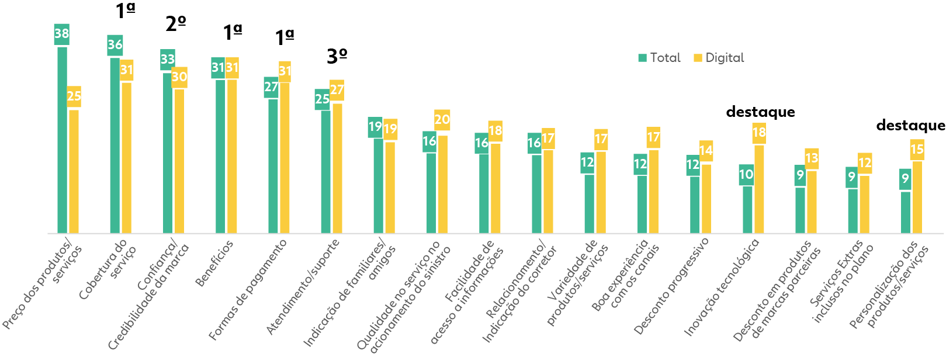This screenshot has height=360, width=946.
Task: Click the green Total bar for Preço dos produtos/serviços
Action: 62,140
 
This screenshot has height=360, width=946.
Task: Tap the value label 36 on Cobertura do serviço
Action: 115,45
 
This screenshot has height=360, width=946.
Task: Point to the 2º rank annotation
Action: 175,24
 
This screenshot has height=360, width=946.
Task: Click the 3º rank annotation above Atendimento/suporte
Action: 337,56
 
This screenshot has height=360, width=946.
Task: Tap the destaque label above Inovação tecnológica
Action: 760,112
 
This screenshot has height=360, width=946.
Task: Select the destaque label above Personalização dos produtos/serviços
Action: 910,125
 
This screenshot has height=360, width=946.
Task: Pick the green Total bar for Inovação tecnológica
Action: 747,209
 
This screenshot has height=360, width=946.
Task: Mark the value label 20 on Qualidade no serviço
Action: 442,120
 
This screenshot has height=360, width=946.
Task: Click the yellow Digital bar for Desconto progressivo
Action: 706,198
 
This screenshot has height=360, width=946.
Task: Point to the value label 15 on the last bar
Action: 917,150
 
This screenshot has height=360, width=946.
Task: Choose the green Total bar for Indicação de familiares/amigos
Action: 379,185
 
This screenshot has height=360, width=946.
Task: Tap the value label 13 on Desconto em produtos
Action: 812,158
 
